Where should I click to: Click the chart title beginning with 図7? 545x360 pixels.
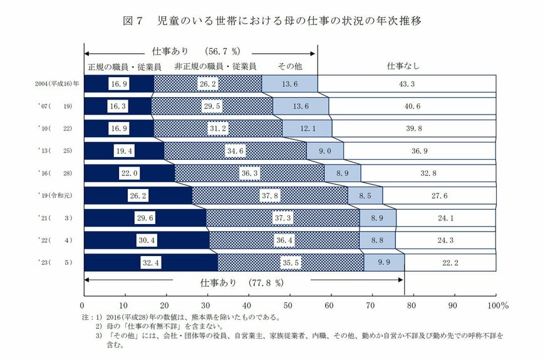tap(272, 21)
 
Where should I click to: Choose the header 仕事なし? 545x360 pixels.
tap(403, 65)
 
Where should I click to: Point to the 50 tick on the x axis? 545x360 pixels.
tap(289, 306)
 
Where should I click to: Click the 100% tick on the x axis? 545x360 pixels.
tap(497, 306)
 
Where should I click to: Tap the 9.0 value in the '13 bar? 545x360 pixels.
tap(324, 151)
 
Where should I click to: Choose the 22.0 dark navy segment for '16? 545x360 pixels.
tap(129, 173)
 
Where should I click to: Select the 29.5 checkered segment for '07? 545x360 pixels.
tap(212, 106)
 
